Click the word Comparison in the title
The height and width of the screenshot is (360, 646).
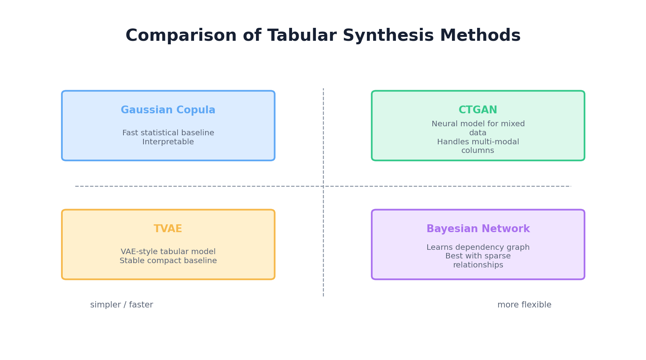click(181, 36)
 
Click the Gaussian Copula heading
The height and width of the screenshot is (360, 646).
click(168, 110)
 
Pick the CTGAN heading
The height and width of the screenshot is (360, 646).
click(478, 110)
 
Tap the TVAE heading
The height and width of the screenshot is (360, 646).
click(168, 229)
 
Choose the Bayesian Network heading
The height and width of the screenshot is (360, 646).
click(478, 229)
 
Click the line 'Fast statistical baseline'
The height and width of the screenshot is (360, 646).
click(168, 133)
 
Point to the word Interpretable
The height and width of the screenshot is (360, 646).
click(168, 142)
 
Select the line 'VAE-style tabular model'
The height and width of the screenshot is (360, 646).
click(168, 252)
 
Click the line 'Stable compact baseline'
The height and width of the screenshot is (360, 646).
click(168, 261)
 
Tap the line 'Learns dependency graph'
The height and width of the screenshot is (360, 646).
click(478, 247)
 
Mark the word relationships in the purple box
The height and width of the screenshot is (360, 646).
click(478, 265)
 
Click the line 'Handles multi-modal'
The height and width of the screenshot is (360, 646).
click(478, 142)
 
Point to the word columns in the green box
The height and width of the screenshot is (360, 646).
click(478, 151)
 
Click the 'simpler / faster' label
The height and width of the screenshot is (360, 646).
click(122, 305)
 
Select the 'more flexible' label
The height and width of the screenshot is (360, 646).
click(524, 305)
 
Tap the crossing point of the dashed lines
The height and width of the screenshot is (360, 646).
click(323, 186)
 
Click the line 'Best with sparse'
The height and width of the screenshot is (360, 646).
click(478, 256)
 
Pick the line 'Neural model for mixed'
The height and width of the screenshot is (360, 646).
click(478, 124)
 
